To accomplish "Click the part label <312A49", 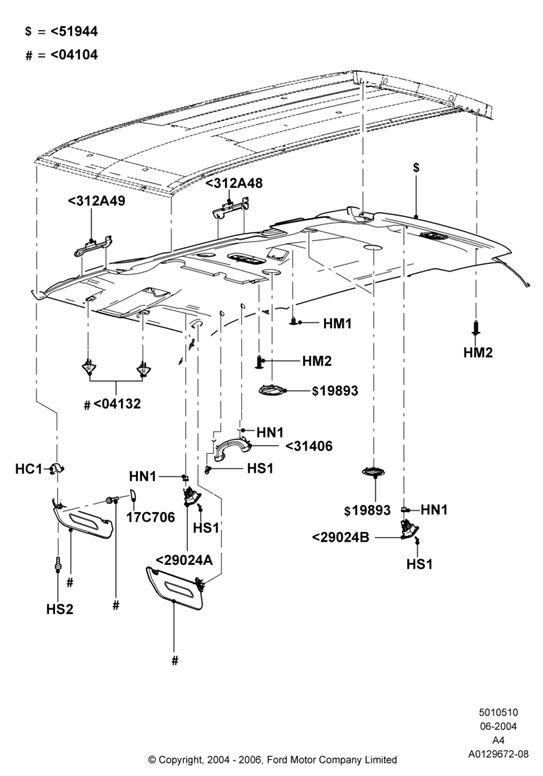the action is tap(96, 201).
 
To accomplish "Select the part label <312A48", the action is tap(234, 183).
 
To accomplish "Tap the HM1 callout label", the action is tap(337, 324).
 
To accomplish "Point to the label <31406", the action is tap(309, 446).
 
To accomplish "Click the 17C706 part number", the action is tap(150, 517).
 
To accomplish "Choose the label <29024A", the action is tap(185, 559).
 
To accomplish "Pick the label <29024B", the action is tap(341, 537).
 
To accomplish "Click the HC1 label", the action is tap(29, 469).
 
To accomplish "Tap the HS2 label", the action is tap(60, 609).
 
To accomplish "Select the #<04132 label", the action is tap(112, 404).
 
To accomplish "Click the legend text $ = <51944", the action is tap(61, 31).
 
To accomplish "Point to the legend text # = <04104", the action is tap(61, 54).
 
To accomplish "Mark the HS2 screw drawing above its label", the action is tap(58, 563).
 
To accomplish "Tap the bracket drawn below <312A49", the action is tap(93, 246).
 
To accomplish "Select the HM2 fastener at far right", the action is tap(476, 327).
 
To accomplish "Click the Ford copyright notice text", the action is tap(272, 759).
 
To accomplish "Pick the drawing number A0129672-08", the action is tap(499, 754).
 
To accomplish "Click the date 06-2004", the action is tap(499, 726).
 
